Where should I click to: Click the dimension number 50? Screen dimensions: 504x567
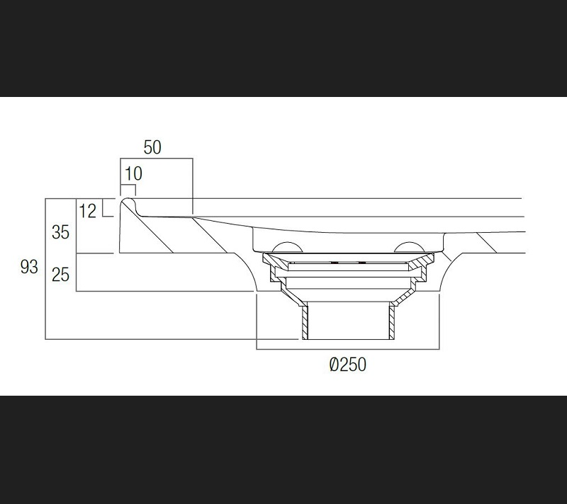pyautogui.click(x=152, y=147)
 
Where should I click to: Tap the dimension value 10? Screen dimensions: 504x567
pyautogui.click(x=133, y=173)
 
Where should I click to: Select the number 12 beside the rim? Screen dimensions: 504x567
pyautogui.click(x=88, y=210)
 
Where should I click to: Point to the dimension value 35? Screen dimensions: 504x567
pyautogui.click(x=60, y=231)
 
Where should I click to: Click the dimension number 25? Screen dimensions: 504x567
pyautogui.click(x=60, y=273)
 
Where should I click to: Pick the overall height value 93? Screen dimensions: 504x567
pyautogui.click(x=29, y=268)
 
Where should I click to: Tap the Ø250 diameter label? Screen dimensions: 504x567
pyautogui.click(x=348, y=365)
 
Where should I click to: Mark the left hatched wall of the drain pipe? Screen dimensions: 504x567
pyautogui.click(x=305, y=322)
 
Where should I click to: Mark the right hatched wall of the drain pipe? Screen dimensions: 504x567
pyautogui.click(x=392, y=322)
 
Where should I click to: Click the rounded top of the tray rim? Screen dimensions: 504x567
pyautogui.click(x=128, y=201)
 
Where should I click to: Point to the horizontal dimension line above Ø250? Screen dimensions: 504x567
pyautogui.click(x=348, y=350)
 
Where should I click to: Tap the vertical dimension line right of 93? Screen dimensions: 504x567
pyautogui.click(x=46, y=269)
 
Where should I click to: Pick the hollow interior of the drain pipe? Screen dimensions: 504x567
pyautogui.click(x=349, y=322)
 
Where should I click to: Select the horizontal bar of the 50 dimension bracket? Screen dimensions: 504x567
pyautogui.click(x=156, y=159)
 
